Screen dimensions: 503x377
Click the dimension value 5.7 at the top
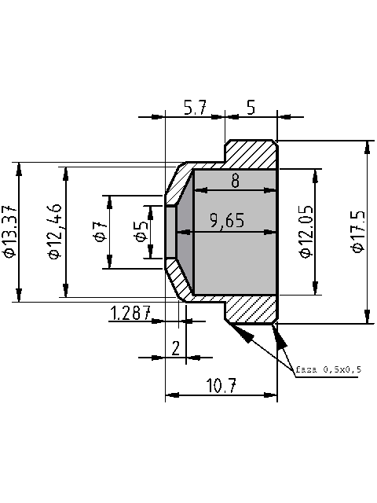point(194,108)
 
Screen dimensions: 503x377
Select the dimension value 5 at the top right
point(251,108)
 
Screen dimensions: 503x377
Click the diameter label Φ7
point(100,232)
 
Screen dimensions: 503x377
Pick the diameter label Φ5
point(141,232)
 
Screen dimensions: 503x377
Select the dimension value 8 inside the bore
point(235,181)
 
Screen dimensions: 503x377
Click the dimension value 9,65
point(227,222)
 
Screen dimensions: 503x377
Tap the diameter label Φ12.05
point(305,232)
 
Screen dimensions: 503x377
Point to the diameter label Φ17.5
point(357,232)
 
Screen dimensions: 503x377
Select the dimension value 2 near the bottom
point(176,349)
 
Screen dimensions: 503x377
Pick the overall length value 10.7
point(223,385)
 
